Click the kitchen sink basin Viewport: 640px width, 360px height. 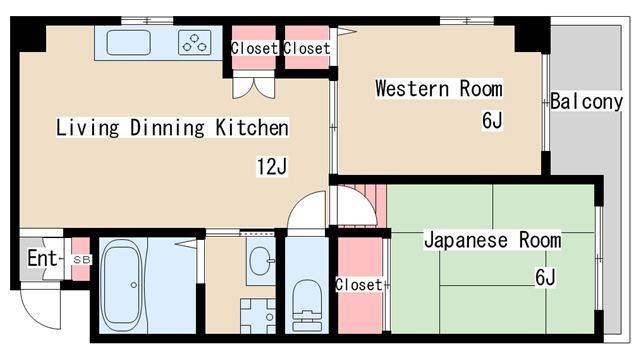[129, 42]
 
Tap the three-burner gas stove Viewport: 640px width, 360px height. [195, 43]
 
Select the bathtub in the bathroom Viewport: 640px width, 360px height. [122, 285]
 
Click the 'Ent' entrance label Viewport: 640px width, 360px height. [42, 258]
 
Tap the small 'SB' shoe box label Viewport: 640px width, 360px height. [81, 260]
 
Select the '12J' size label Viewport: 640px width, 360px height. [272, 166]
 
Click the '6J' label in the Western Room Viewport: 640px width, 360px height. [492, 120]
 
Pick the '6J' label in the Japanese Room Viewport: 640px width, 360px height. [545, 278]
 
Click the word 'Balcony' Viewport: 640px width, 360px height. [587, 102]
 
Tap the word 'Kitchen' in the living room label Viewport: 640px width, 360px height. [252, 127]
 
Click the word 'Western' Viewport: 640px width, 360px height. [412, 89]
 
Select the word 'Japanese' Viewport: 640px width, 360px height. [466, 240]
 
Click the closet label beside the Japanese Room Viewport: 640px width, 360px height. [359, 284]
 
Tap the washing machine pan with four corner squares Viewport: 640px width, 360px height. [258, 316]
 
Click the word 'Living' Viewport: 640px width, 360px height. [87, 128]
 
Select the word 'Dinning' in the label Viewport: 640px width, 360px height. [167, 128]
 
